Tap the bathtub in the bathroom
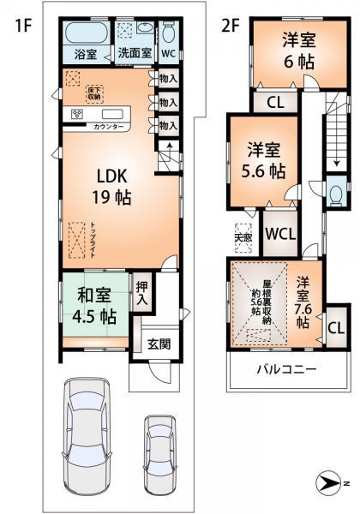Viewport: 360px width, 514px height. tap(85, 35)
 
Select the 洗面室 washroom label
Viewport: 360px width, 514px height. tap(134, 53)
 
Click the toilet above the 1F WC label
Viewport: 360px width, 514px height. tap(169, 33)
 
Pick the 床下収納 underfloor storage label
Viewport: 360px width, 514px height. tap(93, 92)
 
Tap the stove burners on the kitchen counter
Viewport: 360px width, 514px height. tap(75, 114)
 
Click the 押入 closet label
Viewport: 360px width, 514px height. tap(141, 294)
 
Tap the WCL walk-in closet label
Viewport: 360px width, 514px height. tap(280, 233)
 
